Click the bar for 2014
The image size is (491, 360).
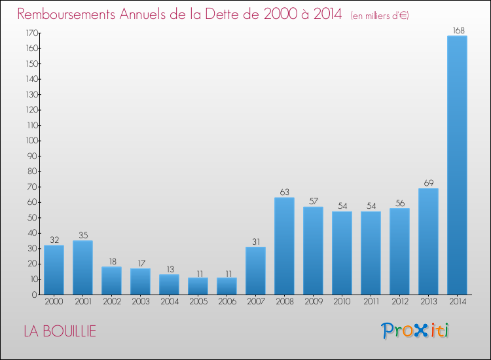coord(457,165)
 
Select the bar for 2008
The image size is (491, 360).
coord(284,246)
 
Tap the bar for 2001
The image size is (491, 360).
coord(82,268)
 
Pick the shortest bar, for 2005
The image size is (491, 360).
coord(198,286)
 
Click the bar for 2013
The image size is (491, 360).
coord(428,242)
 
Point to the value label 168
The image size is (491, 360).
coord(457,29)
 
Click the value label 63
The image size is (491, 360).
coord(284,192)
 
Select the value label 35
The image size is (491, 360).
coord(82,235)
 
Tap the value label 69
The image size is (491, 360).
coord(428,183)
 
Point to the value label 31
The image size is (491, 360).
coord(255,241)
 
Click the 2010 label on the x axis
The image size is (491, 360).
coord(342,301)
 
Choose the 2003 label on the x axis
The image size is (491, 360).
coord(140,301)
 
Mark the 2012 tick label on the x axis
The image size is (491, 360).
coord(399,301)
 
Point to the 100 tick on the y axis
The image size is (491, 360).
coord(31,141)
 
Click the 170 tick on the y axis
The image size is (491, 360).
coord(31,33)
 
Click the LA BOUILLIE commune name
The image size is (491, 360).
coord(60,331)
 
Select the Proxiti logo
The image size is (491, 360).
coord(415,331)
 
